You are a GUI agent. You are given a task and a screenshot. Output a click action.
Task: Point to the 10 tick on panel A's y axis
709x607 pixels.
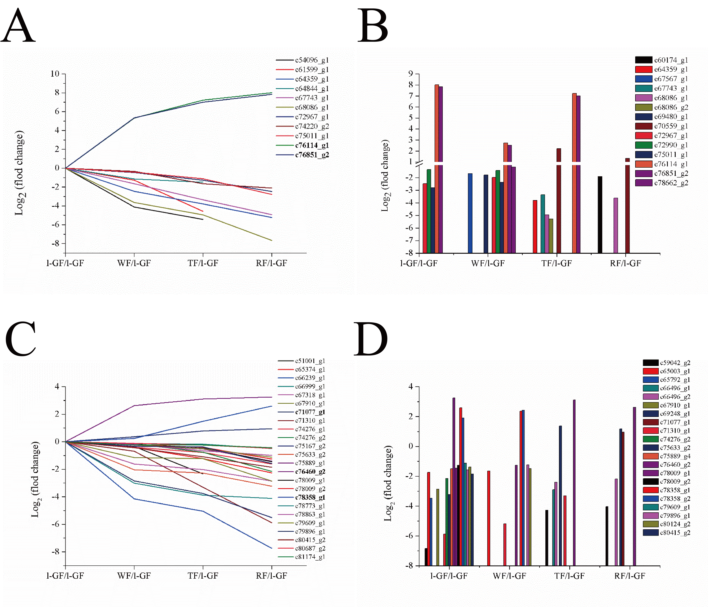pos(55,74)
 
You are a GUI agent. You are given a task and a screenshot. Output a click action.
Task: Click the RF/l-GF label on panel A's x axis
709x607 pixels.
pos(271,263)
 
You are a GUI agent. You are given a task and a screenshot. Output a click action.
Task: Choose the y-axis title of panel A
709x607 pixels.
pos(20,173)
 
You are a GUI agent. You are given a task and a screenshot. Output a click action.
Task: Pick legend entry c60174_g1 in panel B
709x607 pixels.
pos(671,60)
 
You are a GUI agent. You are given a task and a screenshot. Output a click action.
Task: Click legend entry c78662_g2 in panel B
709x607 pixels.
pos(671,183)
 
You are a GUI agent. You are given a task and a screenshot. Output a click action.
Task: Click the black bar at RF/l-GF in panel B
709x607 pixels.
pos(600,215)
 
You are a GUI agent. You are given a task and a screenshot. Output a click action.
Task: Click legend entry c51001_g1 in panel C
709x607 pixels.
pos(310,361)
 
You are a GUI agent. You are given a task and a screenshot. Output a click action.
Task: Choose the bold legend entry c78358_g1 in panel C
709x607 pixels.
pos(310,497)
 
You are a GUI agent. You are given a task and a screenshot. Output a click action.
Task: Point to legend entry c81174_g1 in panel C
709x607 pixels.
pos(310,557)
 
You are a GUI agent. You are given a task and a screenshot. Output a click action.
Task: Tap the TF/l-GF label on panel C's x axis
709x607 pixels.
pos(203,576)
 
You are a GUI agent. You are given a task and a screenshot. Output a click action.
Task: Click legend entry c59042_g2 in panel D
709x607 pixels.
pos(675,363)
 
